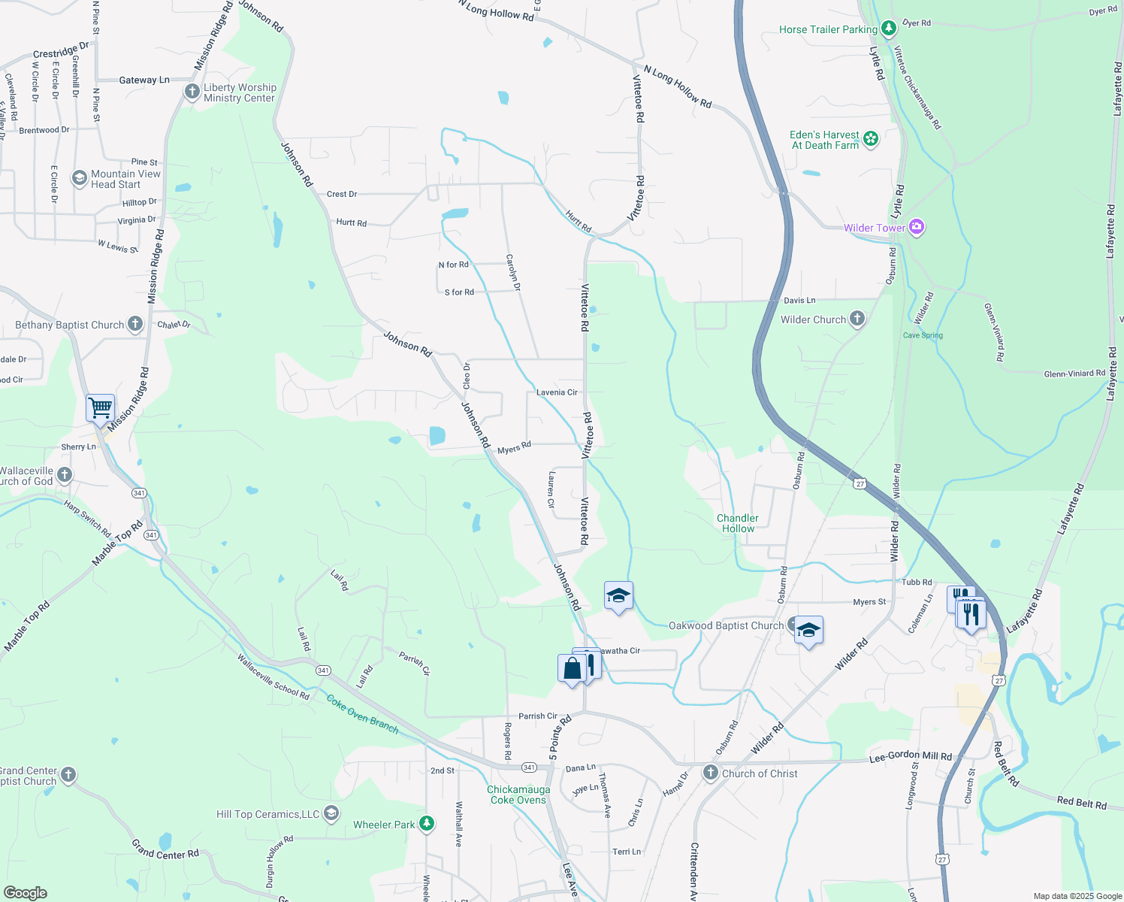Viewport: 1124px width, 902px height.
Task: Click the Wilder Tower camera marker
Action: pos(916,227)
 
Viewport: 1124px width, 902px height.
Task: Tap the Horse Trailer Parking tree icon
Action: pos(889,29)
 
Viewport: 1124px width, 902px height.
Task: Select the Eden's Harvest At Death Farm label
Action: pos(824,140)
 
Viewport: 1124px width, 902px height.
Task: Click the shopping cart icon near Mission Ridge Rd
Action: pos(100,408)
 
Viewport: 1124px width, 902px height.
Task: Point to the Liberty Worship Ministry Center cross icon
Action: pos(192,92)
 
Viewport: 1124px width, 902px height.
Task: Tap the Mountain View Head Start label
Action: pos(125,179)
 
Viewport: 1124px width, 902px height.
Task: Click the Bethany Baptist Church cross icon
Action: pos(135,324)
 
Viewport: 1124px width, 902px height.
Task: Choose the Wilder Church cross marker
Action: pos(857,319)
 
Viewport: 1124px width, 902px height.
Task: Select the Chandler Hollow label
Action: pos(737,523)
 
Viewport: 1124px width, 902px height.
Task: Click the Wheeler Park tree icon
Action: pos(427,824)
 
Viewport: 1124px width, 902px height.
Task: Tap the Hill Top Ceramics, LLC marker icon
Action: pos(331,813)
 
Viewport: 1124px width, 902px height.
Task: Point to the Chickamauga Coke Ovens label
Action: pos(518,795)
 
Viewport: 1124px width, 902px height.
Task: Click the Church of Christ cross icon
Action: pos(710,773)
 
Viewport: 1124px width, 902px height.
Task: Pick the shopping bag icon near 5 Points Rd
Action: pos(572,668)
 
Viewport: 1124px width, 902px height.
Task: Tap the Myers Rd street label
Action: pos(514,448)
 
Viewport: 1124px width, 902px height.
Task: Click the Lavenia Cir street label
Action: pos(557,392)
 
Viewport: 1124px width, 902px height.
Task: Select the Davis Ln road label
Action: pos(799,301)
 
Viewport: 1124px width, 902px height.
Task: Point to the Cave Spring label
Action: pos(923,335)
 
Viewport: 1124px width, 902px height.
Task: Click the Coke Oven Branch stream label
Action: pos(362,713)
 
